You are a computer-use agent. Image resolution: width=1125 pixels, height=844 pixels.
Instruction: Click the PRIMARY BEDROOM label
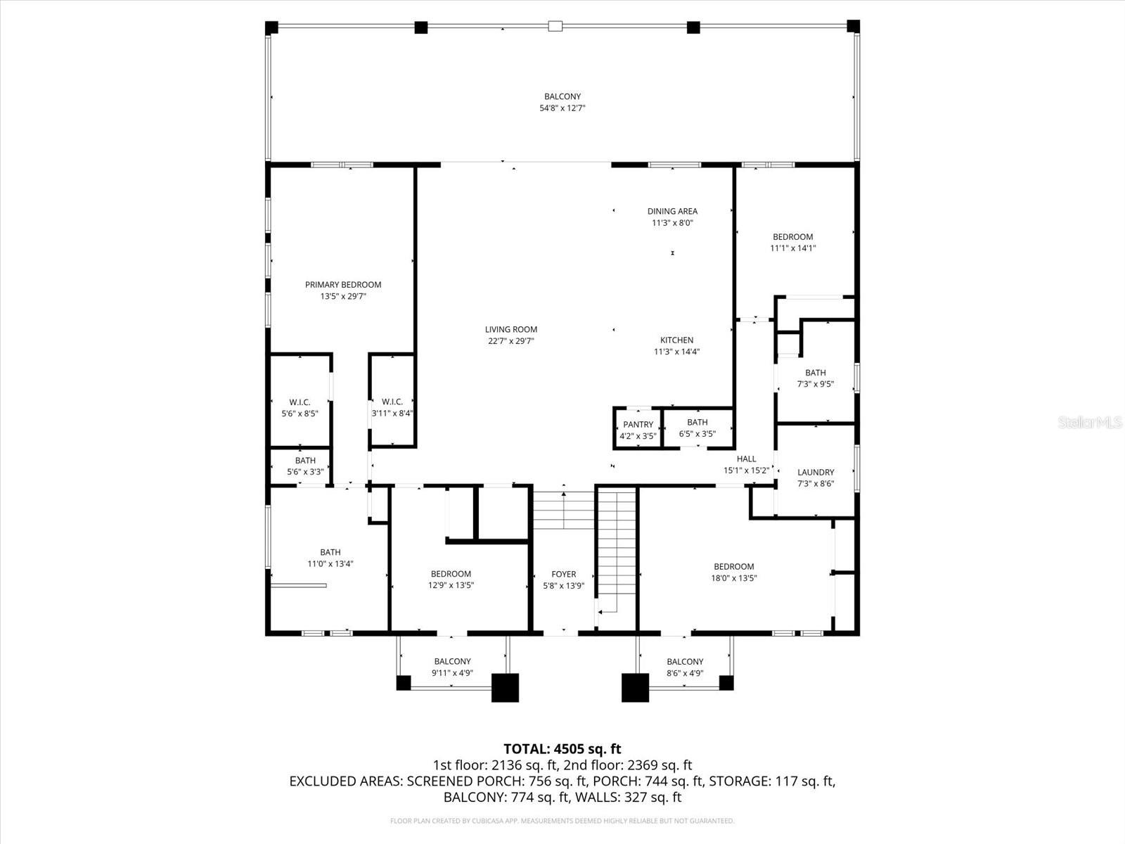click(x=343, y=285)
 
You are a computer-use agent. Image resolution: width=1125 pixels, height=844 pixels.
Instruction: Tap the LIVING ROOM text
click(x=511, y=329)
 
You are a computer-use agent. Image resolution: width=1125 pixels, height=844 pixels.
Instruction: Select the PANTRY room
click(x=638, y=429)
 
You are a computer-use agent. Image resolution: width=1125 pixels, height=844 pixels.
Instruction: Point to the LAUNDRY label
click(x=816, y=473)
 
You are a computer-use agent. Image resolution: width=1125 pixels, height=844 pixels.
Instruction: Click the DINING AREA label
click(x=672, y=211)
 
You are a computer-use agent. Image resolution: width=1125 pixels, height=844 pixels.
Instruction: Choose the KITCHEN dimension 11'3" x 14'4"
click(x=676, y=352)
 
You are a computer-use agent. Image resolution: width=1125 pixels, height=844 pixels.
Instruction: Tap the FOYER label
click(x=564, y=575)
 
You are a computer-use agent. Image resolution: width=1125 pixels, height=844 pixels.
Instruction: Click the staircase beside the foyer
click(x=617, y=549)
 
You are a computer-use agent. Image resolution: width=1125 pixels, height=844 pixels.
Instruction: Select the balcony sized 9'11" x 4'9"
click(x=452, y=667)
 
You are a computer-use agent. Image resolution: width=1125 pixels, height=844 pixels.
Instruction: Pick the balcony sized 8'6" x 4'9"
click(x=685, y=667)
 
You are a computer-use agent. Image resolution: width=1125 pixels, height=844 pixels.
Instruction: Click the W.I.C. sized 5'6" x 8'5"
click(x=300, y=408)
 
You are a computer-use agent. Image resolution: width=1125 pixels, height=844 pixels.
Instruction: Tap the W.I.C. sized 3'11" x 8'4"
click(x=392, y=408)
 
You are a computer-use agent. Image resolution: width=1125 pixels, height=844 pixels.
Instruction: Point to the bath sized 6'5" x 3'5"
click(x=697, y=428)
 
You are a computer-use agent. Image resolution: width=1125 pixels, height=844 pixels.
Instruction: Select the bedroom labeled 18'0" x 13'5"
click(x=734, y=572)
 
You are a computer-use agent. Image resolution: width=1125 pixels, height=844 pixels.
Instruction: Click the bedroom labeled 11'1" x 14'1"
click(x=793, y=242)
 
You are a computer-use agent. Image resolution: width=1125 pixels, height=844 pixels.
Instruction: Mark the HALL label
click(x=747, y=459)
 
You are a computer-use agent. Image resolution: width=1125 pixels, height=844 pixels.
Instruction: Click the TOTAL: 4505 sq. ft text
click(x=562, y=749)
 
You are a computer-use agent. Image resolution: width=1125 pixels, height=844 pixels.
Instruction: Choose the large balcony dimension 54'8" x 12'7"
click(x=562, y=108)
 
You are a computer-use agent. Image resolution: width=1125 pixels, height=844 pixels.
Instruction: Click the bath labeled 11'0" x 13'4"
click(x=330, y=558)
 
